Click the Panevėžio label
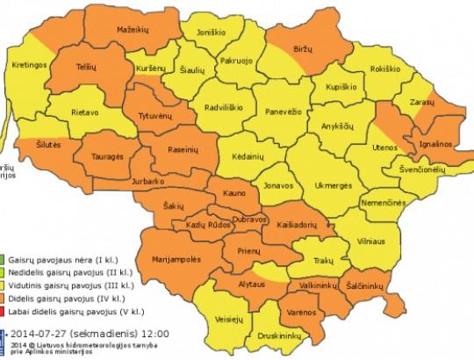click(285, 114)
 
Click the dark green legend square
click(4, 262)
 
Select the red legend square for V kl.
click(4, 311)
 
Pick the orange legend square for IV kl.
click(4, 299)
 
